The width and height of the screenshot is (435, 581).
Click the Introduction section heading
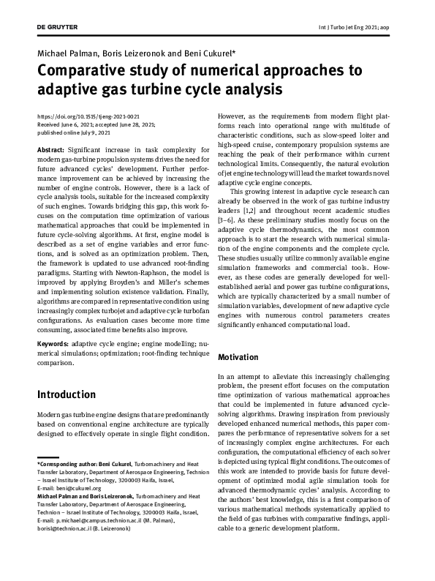[x=67, y=394]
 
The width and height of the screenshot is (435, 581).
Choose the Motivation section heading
[x=238, y=357]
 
